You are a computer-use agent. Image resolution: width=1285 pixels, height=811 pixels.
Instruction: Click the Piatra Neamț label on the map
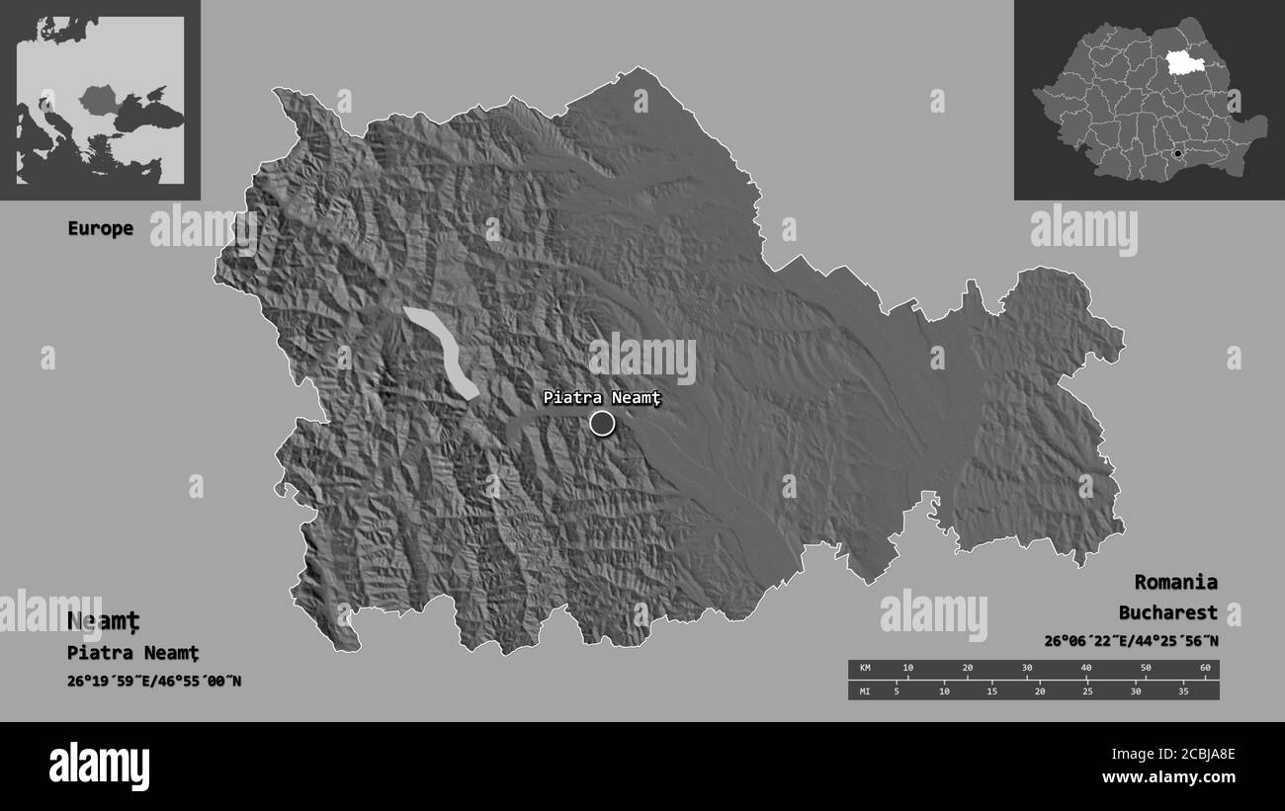600,398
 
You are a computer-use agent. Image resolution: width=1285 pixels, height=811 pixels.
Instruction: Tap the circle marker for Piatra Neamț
602,424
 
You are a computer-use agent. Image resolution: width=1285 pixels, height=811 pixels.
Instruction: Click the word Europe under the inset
100,228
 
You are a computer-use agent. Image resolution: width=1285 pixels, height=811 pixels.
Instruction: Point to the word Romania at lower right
1175,582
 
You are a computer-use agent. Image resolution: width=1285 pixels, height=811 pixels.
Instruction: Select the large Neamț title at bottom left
104,621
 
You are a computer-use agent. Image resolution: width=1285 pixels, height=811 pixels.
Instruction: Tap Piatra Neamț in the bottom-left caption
133,653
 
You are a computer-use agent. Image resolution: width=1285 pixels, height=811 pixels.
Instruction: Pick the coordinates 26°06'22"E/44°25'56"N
1131,641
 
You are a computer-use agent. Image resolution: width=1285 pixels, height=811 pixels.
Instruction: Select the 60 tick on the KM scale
1205,669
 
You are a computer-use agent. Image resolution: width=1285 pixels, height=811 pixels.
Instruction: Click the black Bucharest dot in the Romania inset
1177,154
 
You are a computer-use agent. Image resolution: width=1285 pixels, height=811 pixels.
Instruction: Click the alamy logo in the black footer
100,766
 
